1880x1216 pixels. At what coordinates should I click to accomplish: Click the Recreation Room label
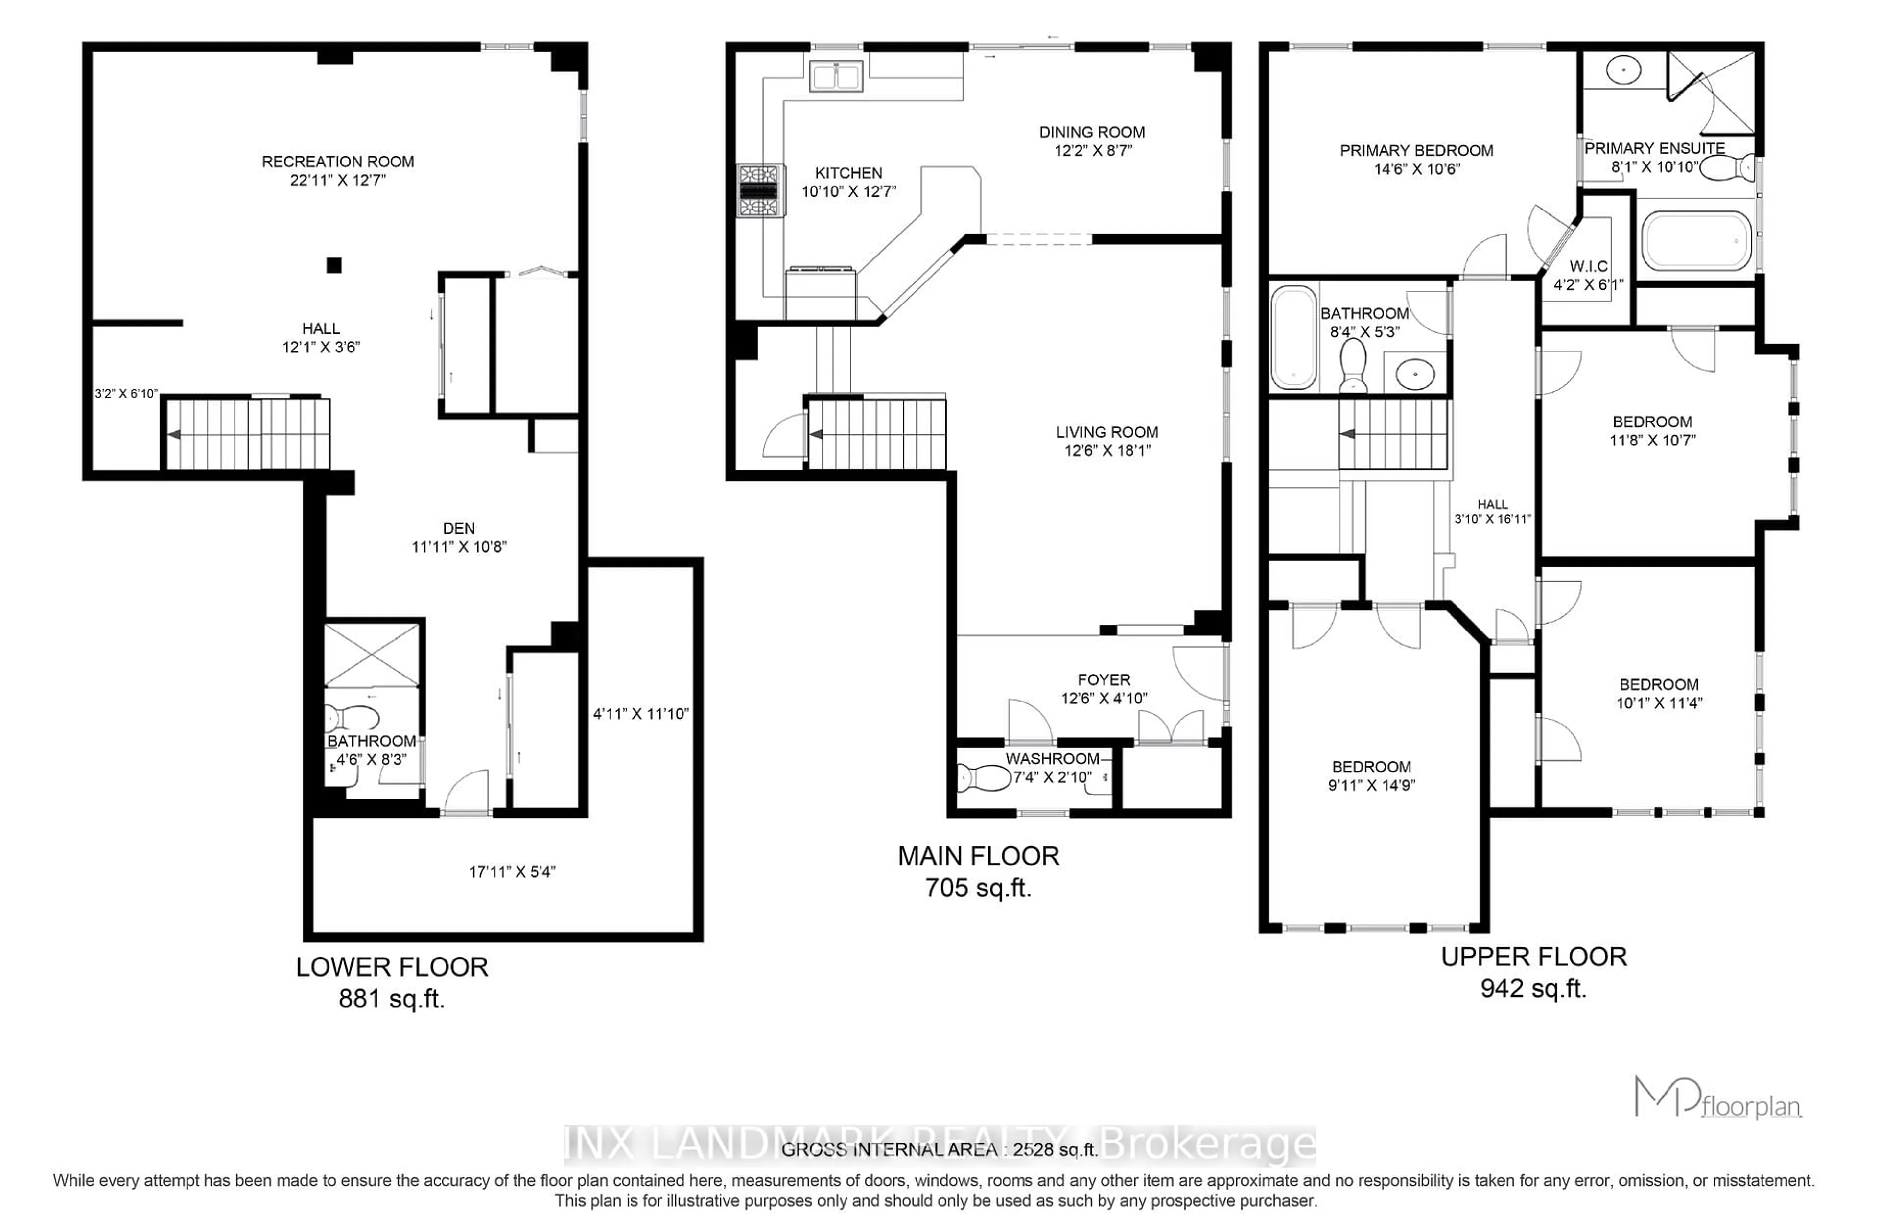337,161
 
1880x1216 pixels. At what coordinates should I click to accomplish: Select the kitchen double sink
835,76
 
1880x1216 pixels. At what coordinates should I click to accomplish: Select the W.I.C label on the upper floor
1588,266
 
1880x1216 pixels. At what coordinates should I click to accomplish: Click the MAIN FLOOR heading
978,856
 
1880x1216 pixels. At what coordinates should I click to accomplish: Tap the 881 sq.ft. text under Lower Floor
392,999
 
